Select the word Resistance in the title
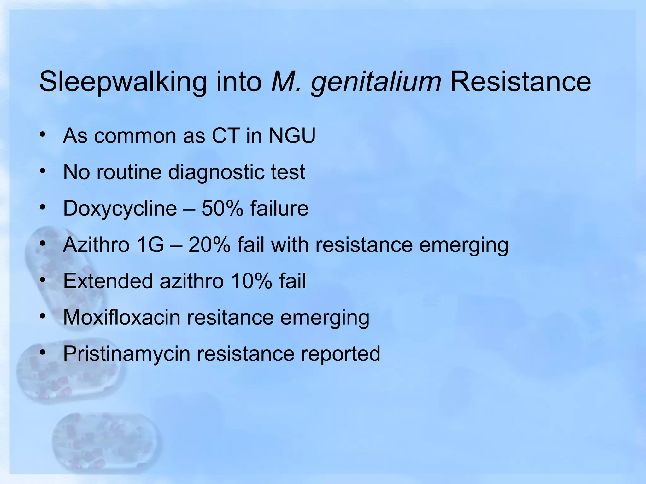click(x=520, y=82)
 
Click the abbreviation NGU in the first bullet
click(x=292, y=136)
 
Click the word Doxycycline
click(x=120, y=209)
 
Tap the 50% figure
click(x=222, y=208)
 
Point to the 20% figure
click(x=209, y=245)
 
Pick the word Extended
click(x=108, y=281)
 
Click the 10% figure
click(x=251, y=281)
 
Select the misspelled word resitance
click(x=230, y=317)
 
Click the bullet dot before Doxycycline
click(x=43, y=207)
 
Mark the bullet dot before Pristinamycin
click(x=43, y=352)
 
